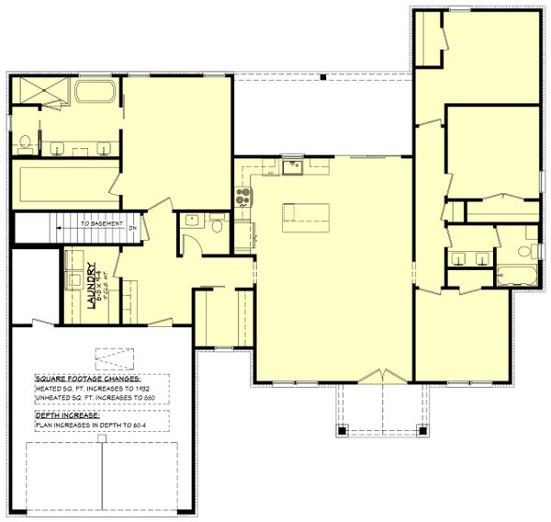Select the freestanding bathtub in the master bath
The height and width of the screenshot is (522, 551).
[95, 93]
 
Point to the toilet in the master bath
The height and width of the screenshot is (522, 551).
[26, 142]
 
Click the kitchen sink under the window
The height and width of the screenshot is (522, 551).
[293, 166]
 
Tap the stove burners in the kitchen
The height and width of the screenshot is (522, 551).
[243, 196]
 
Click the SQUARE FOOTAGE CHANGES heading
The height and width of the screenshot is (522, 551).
[88, 379]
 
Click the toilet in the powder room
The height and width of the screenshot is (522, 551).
[218, 222]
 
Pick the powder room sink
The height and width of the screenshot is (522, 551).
[193, 220]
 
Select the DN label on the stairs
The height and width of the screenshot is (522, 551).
[132, 227]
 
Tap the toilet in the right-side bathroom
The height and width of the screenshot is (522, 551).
[526, 250]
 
